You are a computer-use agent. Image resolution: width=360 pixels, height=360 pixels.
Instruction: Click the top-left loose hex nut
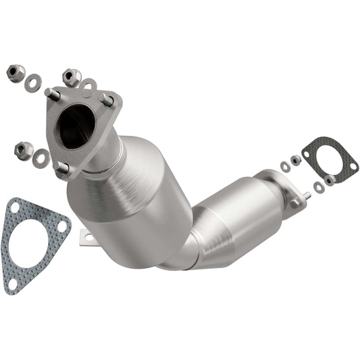point(15,71)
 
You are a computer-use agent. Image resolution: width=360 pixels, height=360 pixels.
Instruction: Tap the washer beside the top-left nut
point(32,83)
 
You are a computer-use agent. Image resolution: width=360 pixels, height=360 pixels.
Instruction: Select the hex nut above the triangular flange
point(71,76)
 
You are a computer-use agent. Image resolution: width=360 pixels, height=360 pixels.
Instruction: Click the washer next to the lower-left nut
point(42,159)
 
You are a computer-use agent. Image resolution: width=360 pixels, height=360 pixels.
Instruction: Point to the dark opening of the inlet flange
point(76,126)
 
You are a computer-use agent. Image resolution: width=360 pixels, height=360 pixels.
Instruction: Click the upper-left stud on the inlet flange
point(53,95)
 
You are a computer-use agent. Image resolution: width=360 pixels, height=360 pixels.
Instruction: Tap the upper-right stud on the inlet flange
point(107,99)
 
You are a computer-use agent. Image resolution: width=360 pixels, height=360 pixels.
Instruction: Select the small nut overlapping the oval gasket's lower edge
point(330,180)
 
